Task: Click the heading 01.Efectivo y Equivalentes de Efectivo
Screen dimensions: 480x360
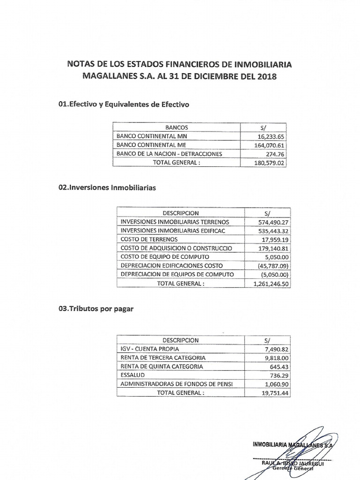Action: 122,105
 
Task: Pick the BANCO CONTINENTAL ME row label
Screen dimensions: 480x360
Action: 148,145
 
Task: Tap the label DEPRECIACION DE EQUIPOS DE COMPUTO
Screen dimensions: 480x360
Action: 176,274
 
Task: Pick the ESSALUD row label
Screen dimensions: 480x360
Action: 133,375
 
